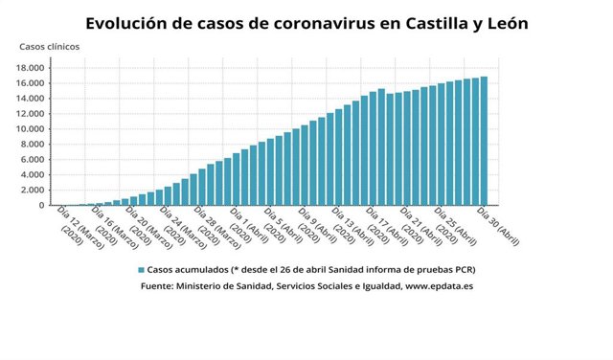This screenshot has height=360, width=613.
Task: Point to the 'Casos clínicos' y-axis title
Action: pos(50,47)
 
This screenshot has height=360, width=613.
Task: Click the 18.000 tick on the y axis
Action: pos(31,68)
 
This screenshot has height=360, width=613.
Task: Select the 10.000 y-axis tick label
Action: pos(31,129)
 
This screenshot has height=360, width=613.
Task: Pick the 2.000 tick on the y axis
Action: pos(34,191)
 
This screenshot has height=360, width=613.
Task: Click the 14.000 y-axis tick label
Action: pos(31,99)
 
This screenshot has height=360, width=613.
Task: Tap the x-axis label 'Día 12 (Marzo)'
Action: pos(78,226)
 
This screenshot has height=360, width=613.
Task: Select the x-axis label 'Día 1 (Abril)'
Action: pos(247,226)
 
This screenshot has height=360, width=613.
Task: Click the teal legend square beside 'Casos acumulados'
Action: pos(141,270)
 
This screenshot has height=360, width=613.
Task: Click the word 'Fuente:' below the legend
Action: pos(163,285)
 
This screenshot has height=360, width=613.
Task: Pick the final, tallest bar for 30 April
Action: pos(485,142)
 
